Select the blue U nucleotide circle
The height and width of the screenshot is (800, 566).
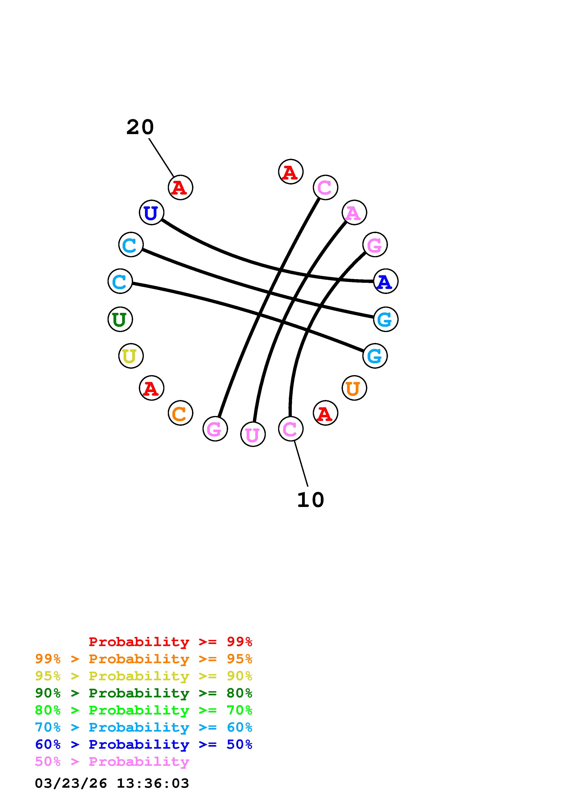151,213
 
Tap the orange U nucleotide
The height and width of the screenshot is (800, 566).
354,388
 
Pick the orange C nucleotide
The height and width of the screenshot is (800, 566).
180,413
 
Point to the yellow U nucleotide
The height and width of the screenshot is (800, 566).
131,356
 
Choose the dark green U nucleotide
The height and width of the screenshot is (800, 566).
120,319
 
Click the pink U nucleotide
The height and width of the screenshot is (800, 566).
253,434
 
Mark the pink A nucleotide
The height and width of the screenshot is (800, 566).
354,213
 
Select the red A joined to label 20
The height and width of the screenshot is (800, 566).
180,187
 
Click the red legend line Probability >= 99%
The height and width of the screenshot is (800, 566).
171,642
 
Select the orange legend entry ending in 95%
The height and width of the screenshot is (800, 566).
144,659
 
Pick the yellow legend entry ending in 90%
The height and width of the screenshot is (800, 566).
144,676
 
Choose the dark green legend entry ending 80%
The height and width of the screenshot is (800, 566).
144,693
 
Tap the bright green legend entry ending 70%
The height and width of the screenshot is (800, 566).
144,710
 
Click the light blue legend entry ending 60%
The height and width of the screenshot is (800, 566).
144,727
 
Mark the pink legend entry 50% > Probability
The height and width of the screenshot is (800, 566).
112,761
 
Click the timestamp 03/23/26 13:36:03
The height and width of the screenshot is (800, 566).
112,783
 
